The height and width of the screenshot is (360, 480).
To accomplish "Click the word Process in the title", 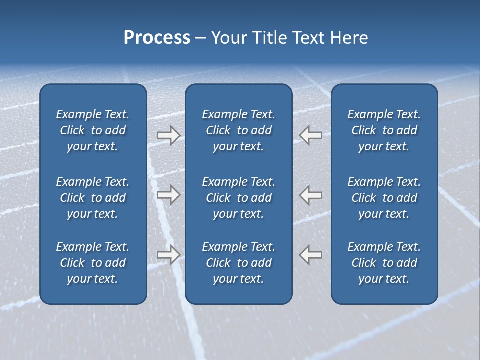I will [157, 38].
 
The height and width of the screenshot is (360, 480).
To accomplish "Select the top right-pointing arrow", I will [168, 135].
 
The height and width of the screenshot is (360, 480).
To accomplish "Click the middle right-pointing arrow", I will [168, 195].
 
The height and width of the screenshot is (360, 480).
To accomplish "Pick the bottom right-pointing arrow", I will [168, 255].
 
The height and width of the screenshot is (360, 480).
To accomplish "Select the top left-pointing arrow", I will [310, 135].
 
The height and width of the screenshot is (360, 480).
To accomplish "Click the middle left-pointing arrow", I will [310, 195].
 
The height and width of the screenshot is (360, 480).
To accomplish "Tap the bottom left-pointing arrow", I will [310, 255].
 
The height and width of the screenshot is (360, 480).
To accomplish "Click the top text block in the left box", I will [93, 130].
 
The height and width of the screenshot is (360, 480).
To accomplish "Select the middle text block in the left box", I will [93, 198].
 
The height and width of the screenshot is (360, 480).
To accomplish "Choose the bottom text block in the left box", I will [93, 263].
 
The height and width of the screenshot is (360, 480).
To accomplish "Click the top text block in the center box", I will [238, 130].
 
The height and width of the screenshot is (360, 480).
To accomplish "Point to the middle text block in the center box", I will [238, 198].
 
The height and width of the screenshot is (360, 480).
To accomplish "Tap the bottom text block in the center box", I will [238, 263].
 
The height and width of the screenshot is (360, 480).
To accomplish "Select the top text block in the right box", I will [384, 130].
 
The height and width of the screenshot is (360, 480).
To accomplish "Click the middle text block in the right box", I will [384, 198].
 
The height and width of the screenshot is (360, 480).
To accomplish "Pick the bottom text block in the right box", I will [384, 263].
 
